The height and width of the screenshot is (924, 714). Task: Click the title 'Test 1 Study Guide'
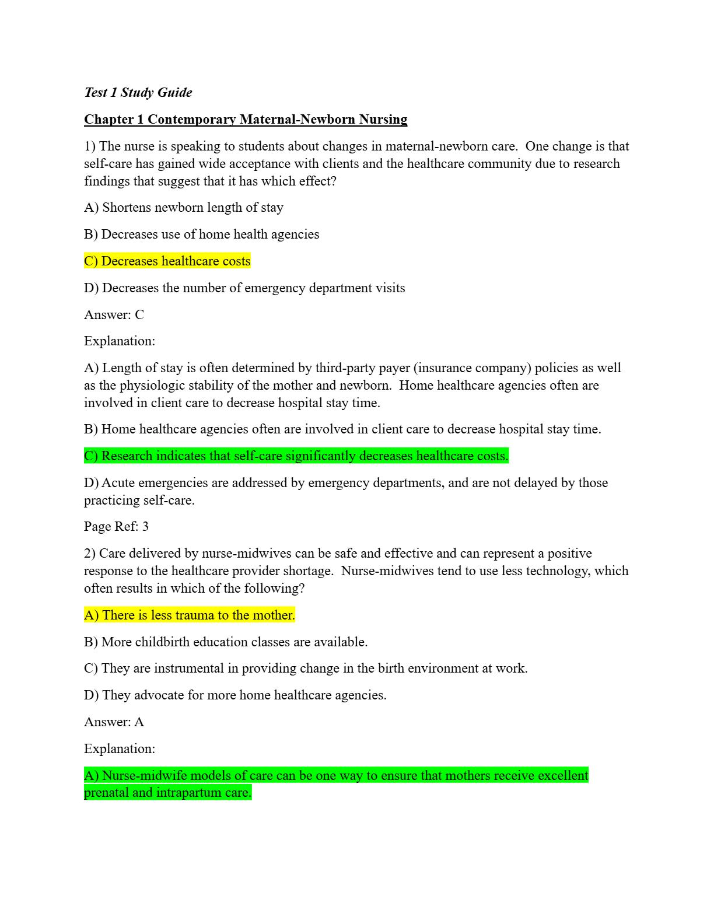[x=138, y=92]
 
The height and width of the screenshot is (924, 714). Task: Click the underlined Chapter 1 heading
[x=245, y=120]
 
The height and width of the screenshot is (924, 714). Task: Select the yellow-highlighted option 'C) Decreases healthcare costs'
[x=167, y=261]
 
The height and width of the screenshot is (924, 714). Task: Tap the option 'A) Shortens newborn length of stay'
[x=183, y=207]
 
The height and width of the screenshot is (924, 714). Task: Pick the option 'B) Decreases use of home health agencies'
[x=201, y=234]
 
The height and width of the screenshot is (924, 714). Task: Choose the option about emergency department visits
[x=244, y=288]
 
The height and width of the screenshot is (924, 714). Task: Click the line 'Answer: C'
[x=114, y=314]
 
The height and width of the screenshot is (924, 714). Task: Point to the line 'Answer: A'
[x=114, y=722]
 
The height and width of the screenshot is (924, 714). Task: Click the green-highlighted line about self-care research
[x=296, y=456]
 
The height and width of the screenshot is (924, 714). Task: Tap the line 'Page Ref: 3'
[x=116, y=526]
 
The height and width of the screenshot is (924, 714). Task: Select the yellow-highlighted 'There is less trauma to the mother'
[x=189, y=615]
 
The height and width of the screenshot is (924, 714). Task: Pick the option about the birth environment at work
[x=305, y=668]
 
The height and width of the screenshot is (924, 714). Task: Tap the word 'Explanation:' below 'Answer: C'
[x=120, y=341]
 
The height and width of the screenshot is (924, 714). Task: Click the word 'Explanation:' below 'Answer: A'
[x=120, y=748]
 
